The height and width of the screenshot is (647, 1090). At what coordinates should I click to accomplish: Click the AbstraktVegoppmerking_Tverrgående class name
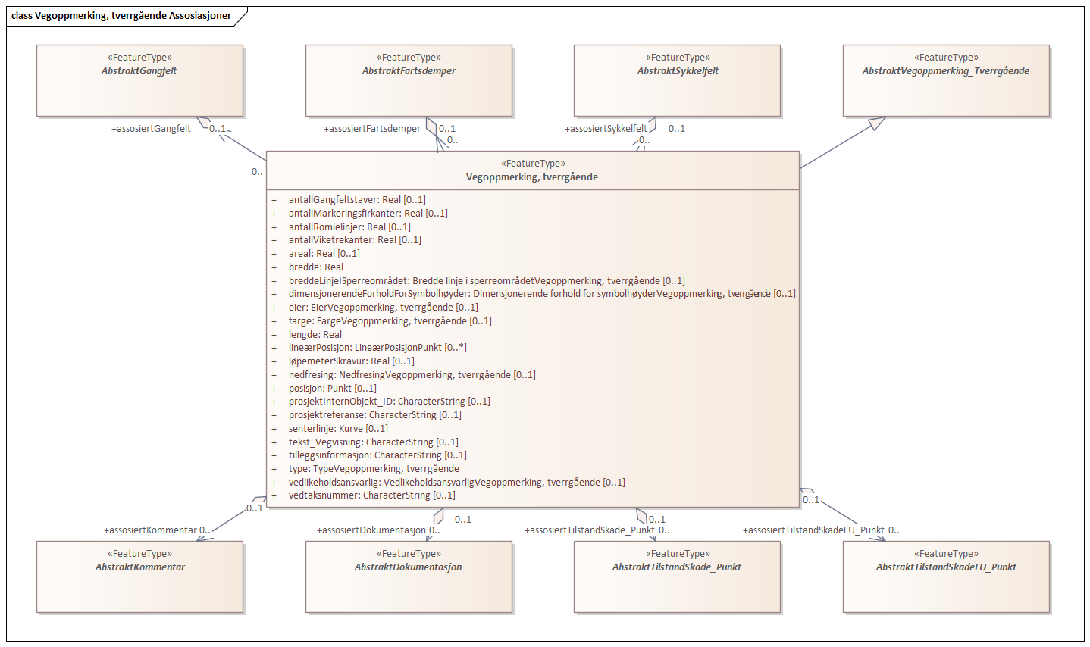pyautogui.click(x=945, y=71)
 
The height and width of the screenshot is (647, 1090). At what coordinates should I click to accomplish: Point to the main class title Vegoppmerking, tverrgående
pyautogui.click(x=532, y=177)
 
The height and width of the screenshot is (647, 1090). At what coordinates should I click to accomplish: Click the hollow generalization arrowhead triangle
pyautogui.click(x=877, y=123)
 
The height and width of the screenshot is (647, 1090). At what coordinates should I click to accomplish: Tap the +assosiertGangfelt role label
pyautogui.click(x=151, y=129)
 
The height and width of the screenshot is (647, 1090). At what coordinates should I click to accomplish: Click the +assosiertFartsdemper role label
pyautogui.click(x=372, y=129)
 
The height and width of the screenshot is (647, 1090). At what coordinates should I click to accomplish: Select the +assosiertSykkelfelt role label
pyautogui.click(x=606, y=129)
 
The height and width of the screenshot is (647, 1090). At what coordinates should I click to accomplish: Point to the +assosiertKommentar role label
pyautogui.click(x=150, y=530)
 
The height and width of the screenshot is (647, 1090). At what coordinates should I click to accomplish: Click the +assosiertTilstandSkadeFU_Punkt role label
pyautogui.click(x=813, y=530)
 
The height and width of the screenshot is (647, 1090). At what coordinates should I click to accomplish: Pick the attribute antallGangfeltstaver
pyautogui.click(x=357, y=200)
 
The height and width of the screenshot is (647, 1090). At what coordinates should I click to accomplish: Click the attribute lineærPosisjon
pyautogui.click(x=377, y=348)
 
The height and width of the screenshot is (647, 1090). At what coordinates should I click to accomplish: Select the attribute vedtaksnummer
pyautogui.click(x=371, y=495)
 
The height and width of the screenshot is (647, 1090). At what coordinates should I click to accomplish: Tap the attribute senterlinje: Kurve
pyautogui.click(x=338, y=429)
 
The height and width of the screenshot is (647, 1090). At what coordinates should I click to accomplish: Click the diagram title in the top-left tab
pyautogui.click(x=121, y=16)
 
